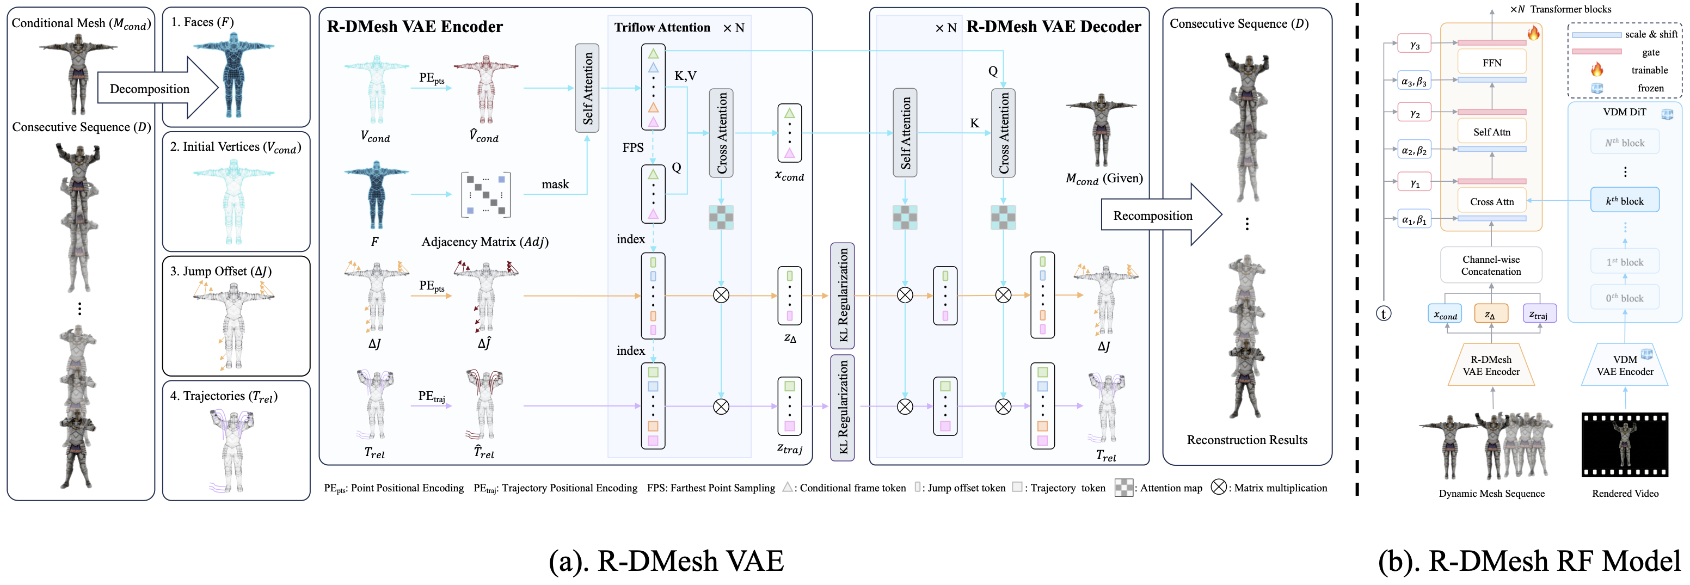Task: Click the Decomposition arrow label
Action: click(150, 89)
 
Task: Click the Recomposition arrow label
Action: click(1152, 215)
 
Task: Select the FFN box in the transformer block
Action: click(1491, 63)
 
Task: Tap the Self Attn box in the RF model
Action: click(1491, 132)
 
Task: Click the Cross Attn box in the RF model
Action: click(1491, 201)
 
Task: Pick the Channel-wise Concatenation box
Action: click(1491, 265)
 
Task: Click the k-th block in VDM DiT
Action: click(1624, 201)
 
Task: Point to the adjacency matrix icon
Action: click(486, 195)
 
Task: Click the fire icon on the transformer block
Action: click(1533, 33)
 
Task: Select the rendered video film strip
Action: click(1624, 444)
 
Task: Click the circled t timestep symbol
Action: click(1384, 313)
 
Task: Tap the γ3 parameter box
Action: click(1415, 45)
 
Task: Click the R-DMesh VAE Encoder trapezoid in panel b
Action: click(1491, 365)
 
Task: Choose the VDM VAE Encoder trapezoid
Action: click(1624, 365)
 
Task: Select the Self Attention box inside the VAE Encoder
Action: click(587, 89)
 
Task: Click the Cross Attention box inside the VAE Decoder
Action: click(1003, 133)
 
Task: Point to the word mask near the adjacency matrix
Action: click(555, 184)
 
